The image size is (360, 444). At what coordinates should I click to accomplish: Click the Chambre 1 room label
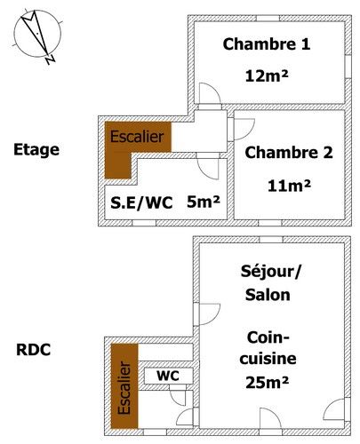267,44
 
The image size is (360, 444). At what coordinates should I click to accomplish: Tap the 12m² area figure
267,75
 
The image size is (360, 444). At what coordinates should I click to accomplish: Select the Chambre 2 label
289,153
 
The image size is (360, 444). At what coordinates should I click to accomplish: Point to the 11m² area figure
289,186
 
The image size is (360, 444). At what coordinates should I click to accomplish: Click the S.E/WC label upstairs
141,203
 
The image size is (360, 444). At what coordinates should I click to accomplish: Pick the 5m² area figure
204,202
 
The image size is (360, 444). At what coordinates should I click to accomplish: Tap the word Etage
36,149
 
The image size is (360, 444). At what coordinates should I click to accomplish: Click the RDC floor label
33,350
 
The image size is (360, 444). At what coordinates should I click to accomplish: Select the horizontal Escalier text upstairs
137,137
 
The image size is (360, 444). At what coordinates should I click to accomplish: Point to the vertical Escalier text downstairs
124,387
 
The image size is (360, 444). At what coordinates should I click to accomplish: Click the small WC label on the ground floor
168,376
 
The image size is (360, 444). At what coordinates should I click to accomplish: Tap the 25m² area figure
267,382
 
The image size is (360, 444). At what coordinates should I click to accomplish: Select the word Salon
268,295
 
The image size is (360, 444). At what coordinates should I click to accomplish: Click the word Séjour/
271,271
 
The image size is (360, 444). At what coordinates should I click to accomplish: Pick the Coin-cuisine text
268,348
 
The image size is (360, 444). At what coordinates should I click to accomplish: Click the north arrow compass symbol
37,35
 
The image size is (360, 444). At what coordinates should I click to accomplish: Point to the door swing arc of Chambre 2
252,131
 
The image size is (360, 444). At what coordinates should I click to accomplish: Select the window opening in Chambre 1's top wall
268,19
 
